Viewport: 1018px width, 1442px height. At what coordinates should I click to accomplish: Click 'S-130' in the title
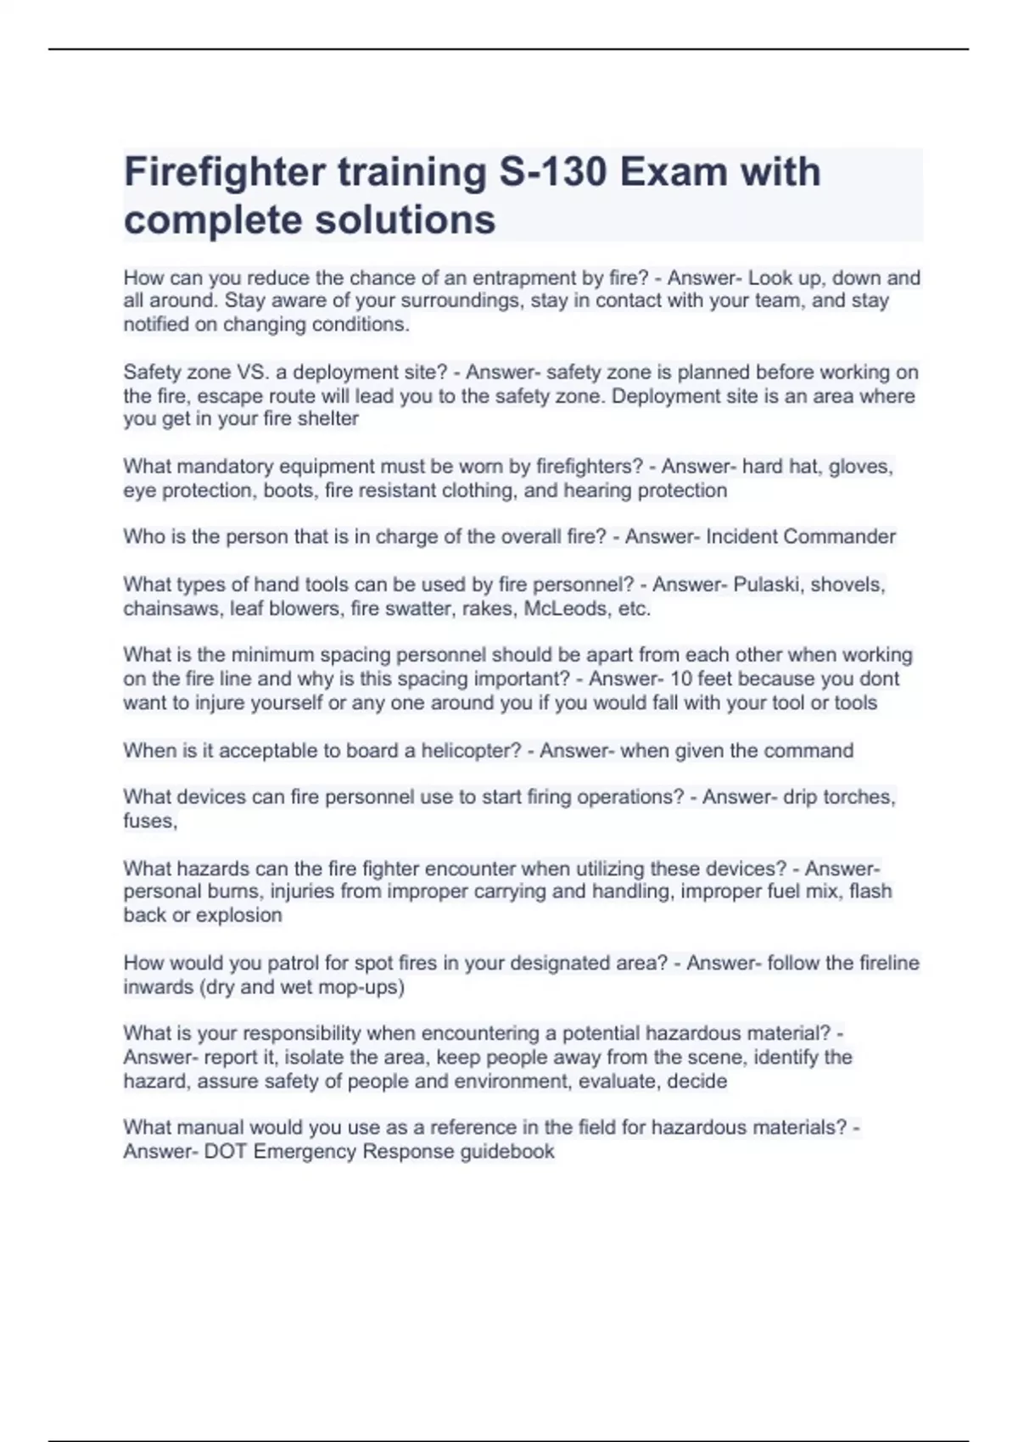552,172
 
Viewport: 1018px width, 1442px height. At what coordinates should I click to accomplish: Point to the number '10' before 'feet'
681,679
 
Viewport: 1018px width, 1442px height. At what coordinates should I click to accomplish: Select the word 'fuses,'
150,820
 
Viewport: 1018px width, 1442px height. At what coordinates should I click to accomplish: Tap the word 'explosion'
239,915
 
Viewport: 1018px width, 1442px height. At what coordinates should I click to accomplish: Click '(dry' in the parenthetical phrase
215,986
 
